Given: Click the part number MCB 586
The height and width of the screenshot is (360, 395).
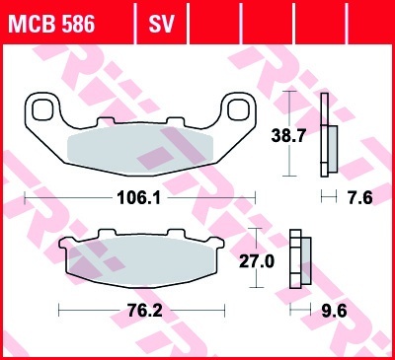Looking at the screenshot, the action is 51,24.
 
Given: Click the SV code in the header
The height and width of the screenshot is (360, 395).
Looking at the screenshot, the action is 161,24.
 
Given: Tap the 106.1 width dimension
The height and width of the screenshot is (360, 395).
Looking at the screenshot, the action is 139,198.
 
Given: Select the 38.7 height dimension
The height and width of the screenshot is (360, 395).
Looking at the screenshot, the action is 288,135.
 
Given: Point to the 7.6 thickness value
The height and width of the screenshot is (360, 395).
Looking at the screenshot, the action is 359,198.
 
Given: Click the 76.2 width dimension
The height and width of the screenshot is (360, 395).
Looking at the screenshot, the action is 145,311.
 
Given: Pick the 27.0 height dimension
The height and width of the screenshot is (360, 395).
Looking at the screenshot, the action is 257,262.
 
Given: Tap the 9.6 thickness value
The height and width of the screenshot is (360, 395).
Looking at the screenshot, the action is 334,311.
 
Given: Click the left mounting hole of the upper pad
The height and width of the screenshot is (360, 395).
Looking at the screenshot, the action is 42,109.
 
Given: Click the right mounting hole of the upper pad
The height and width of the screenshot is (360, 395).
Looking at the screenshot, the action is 239,109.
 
